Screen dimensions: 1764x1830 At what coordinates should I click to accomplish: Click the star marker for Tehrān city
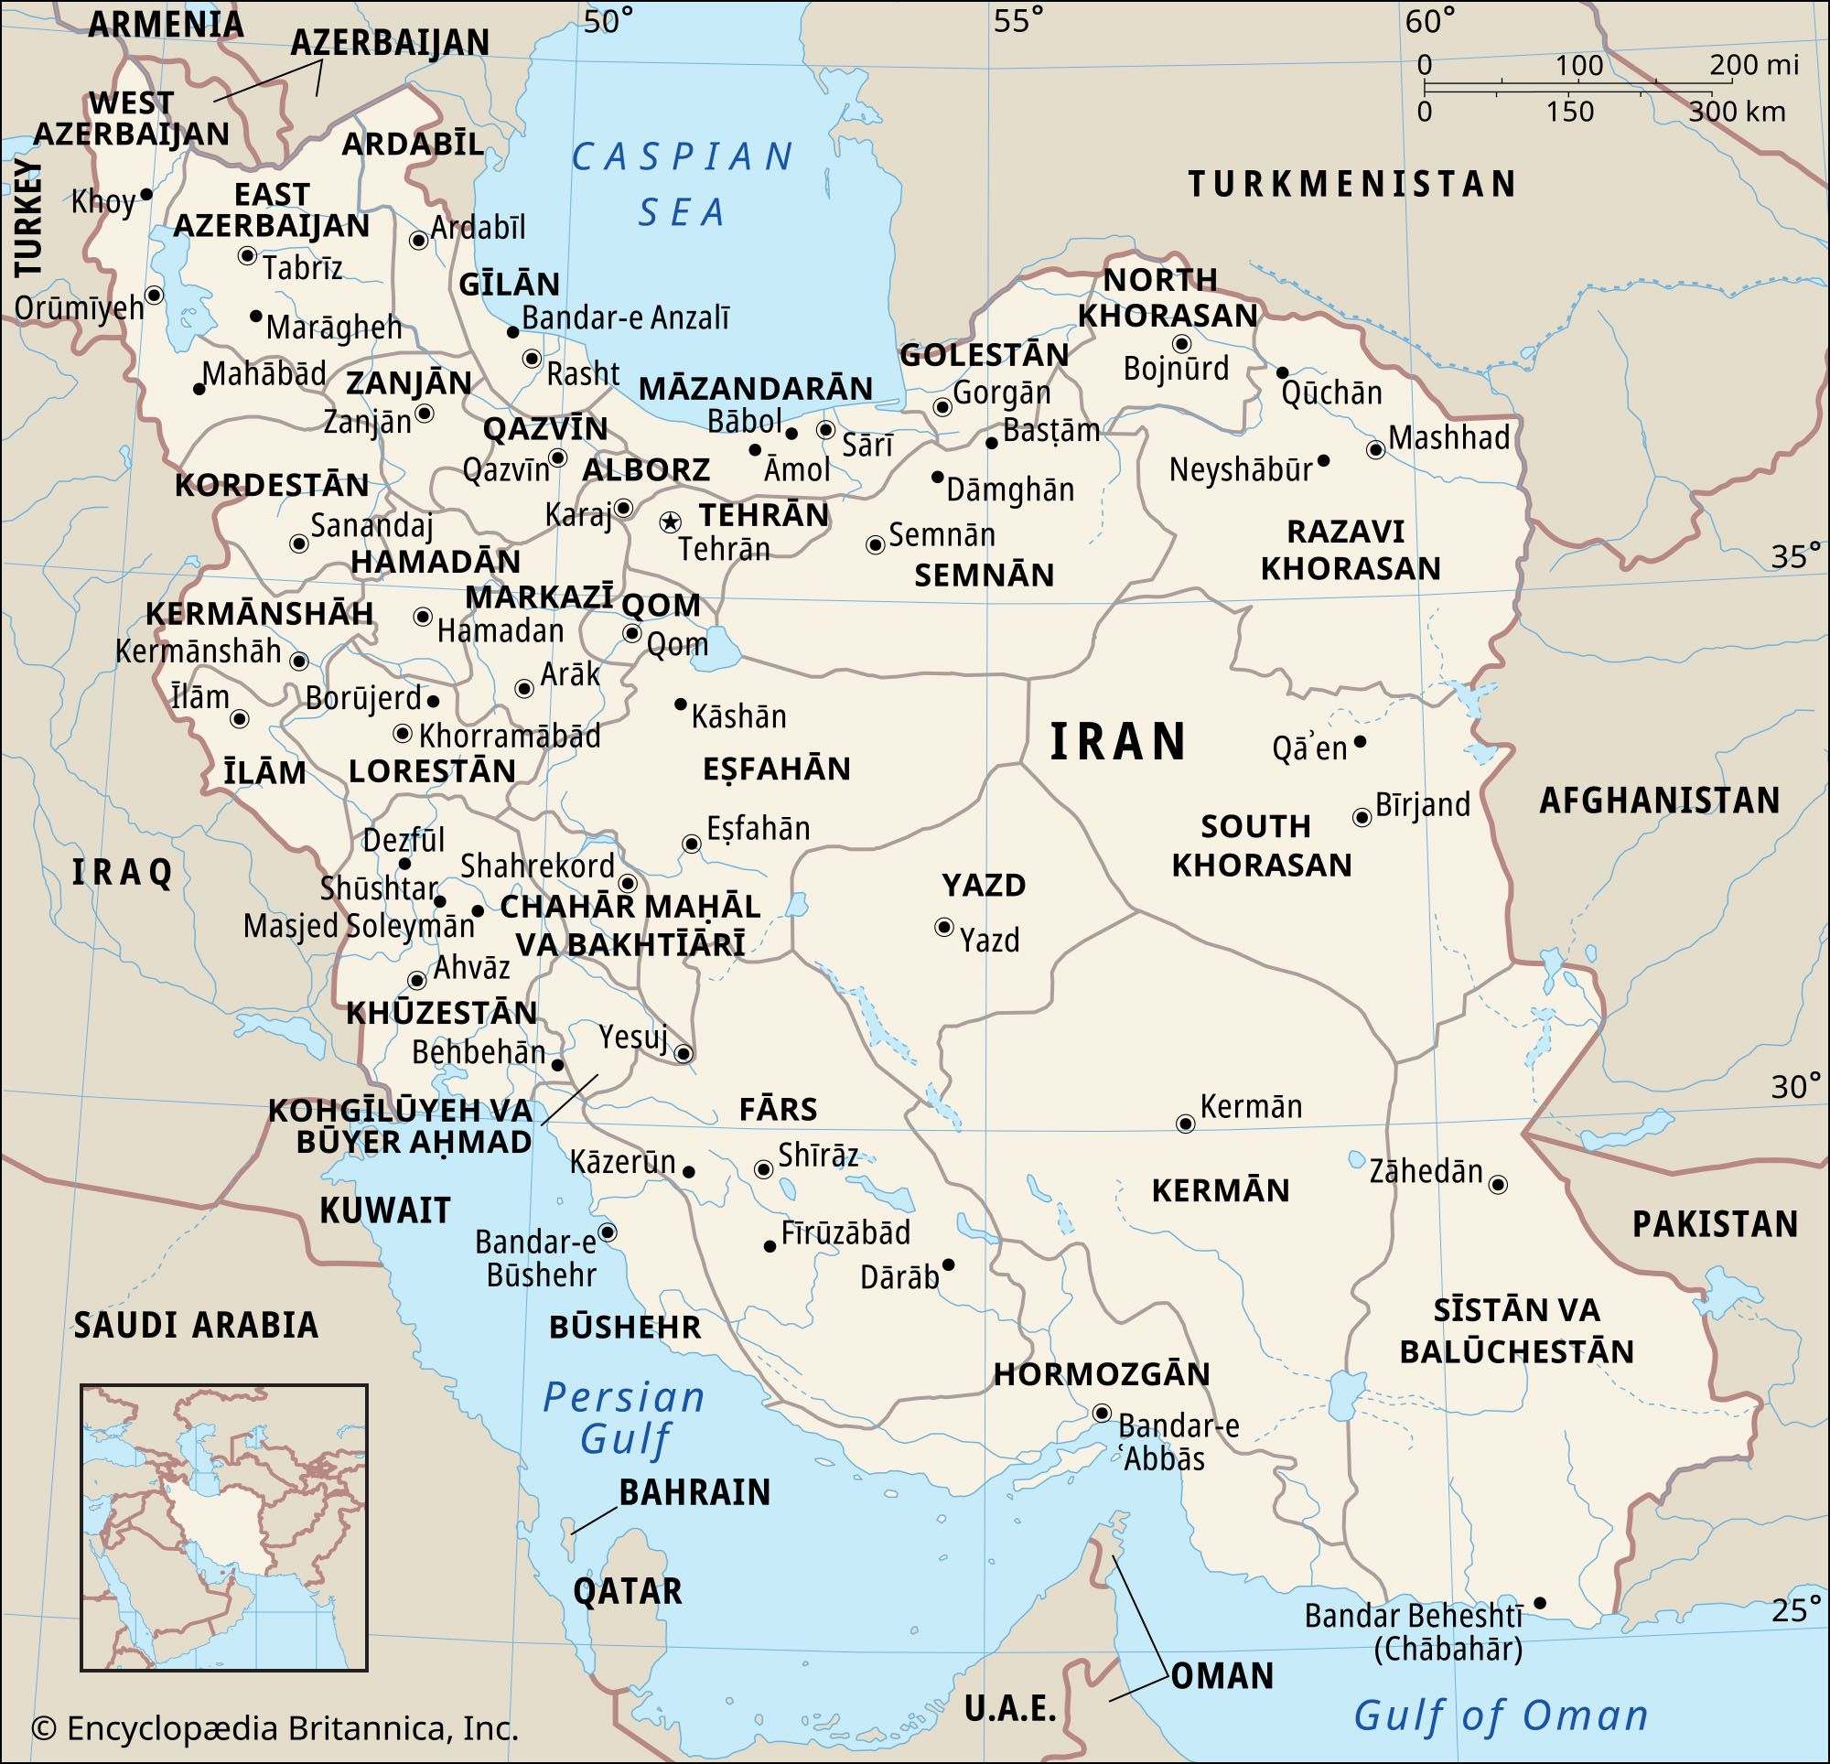pyautogui.click(x=670, y=522)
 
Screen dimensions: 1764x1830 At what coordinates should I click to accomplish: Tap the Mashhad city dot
pyautogui.click(x=1374, y=449)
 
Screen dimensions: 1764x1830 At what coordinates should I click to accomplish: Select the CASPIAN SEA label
pyautogui.click(x=683, y=184)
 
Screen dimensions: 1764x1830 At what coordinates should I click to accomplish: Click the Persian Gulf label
pyautogui.click(x=624, y=1416)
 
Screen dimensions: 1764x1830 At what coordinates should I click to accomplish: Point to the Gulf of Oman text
pyautogui.click(x=1501, y=1716)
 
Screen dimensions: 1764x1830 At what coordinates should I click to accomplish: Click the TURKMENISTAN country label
pyautogui.click(x=1352, y=184)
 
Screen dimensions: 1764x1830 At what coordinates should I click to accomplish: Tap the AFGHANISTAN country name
pyautogui.click(x=1659, y=801)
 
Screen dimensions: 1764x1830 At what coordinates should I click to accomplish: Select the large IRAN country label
pyautogui.click(x=1117, y=742)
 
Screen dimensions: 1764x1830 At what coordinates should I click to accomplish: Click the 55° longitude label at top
pyautogui.click(x=1017, y=20)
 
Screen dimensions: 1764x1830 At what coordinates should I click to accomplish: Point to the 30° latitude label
pyautogui.click(x=1795, y=1086)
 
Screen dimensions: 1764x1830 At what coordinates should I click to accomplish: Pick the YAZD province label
pyautogui.click(x=983, y=885)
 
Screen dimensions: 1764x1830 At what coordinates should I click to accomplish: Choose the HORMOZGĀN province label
pyautogui.click(x=1101, y=1373)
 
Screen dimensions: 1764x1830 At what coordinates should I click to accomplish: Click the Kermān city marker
pyautogui.click(x=1185, y=1124)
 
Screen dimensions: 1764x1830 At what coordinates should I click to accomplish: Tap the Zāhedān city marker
pyautogui.click(x=1498, y=1184)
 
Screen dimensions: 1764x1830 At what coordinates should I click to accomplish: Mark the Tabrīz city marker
pyautogui.click(x=247, y=255)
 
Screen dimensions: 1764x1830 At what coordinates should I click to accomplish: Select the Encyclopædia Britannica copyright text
pyautogui.click(x=274, y=1727)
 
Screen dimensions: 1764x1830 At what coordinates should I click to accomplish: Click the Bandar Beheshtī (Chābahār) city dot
pyautogui.click(x=1540, y=1602)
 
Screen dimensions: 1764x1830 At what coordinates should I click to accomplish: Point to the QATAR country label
pyautogui.click(x=627, y=1590)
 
